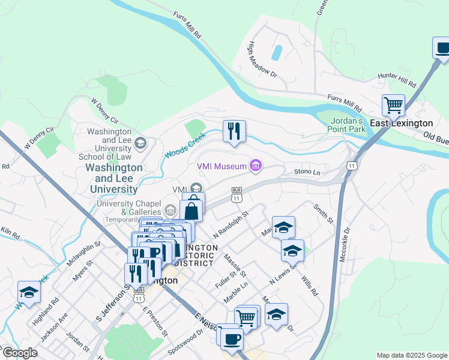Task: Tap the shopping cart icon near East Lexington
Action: pyautogui.click(x=393, y=106)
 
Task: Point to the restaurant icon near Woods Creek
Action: pyautogui.click(x=233, y=130)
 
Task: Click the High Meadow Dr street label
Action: pyautogui.click(x=262, y=59)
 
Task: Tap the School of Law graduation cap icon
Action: pyautogui.click(x=140, y=142)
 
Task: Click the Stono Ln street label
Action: pyautogui.click(x=307, y=172)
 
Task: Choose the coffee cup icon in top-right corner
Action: pyautogui.click(x=442, y=48)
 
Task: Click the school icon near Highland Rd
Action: pyautogui.click(x=28, y=291)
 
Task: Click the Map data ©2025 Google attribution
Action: pyautogui.click(x=411, y=355)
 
